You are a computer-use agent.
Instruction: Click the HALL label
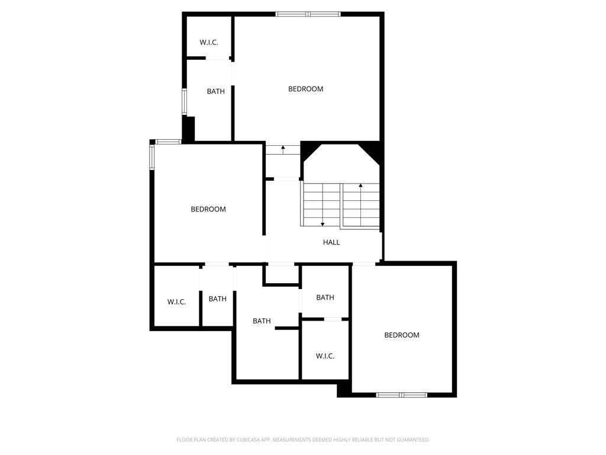click(331, 242)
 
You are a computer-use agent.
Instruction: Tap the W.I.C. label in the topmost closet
click(209, 43)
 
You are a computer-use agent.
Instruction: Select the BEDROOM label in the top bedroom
click(306, 89)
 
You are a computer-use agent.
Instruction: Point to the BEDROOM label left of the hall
click(208, 209)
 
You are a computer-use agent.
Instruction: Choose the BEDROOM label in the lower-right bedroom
click(402, 335)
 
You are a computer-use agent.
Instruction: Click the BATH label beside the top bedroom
click(215, 91)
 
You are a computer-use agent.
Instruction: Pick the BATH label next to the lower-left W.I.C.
click(218, 299)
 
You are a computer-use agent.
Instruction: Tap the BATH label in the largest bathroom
click(262, 321)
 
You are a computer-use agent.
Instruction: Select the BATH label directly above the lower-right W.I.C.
click(325, 297)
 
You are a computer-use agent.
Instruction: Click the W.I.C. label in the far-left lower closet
click(176, 302)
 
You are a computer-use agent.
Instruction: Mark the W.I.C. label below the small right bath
click(325, 356)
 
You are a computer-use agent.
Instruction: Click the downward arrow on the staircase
click(323, 205)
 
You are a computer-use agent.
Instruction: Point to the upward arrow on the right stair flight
click(360, 205)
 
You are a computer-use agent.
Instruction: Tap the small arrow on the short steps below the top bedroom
click(283, 150)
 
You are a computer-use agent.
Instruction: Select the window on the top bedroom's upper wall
click(308, 14)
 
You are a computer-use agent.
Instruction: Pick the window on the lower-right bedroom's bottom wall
click(402, 395)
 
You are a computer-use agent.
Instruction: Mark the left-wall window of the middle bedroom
click(152, 156)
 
